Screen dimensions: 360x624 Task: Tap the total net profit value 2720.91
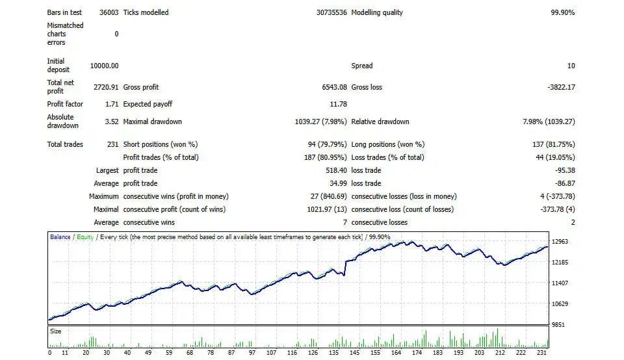(106, 87)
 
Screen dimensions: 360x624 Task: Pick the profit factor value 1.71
(111, 104)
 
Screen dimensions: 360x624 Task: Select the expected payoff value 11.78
(339, 104)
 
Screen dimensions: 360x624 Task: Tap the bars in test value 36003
(109, 12)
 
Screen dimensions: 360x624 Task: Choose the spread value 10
(571, 66)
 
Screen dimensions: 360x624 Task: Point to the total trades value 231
(112, 144)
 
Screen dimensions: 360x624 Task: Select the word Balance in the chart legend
(60, 237)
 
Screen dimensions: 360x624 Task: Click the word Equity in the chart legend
(84, 237)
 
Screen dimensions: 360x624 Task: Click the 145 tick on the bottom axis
(354, 353)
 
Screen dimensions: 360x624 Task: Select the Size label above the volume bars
(56, 331)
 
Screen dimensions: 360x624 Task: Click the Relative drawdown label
(380, 122)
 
